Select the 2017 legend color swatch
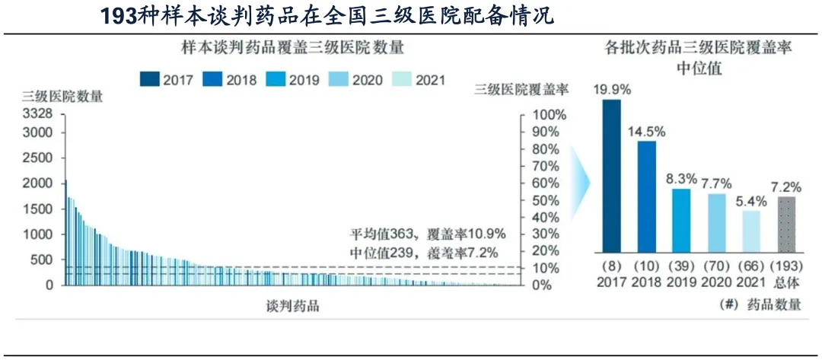click(x=150, y=79)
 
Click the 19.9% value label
click(x=613, y=90)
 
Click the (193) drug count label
click(x=787, y=266)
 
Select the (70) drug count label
click(x=716, y=266)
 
